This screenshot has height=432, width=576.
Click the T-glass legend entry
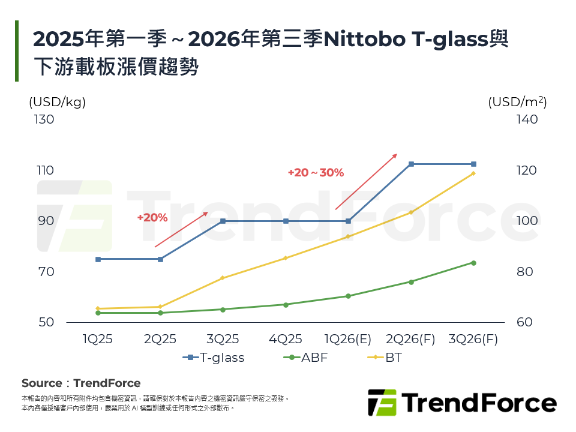(x=214, y=358)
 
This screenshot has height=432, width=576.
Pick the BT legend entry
(x=384, y=358)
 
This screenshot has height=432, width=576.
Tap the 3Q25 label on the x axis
(x=223, y=339)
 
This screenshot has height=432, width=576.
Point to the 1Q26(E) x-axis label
(x=348, y=339)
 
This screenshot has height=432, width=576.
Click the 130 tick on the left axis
(x=43, y=119)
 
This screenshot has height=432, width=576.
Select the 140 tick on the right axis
(x=527, y=119)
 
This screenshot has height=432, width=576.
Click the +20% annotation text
(x=152, y=218)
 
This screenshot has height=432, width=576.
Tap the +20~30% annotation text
(x=316, y=173)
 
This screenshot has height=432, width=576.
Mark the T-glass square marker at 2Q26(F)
(x=411, y=164)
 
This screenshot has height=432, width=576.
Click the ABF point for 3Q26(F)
(x=473, y=263)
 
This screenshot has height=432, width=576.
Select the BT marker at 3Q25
(x=223, y=278)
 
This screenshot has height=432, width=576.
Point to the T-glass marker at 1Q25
(x=98, y=259)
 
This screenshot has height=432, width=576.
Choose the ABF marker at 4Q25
(x=286, y=305)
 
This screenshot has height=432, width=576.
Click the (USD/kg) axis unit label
(x=58, y=102)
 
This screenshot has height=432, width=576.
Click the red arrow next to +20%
(x=181, y=229)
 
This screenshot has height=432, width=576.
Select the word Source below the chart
(x=41, y=383)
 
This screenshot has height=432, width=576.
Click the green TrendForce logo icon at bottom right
(x=382, y=403)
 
